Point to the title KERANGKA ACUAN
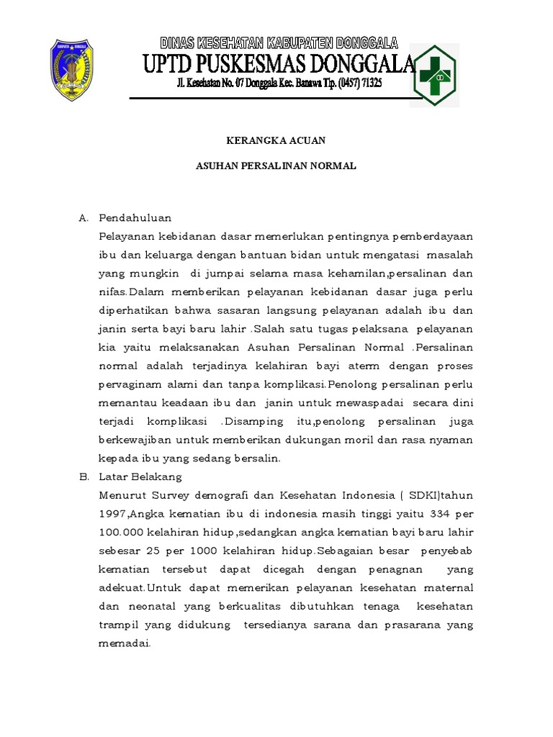click(276, 140)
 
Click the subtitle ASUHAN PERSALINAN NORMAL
click(276, 166)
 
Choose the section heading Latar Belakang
click(140, 476)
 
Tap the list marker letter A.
click(83, 217)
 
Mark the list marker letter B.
click(83, 476)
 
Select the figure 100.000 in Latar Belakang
click(121, 532)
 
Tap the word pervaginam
click(127, 384)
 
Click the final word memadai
click(124, 643)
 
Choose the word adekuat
click(121, 587)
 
